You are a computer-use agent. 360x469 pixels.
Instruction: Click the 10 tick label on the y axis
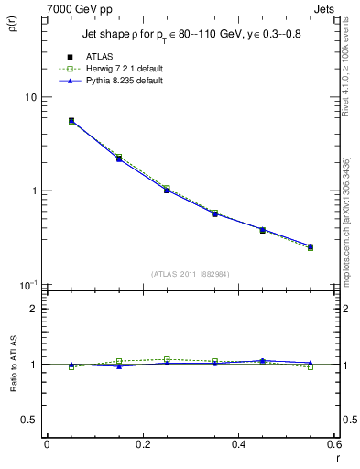[30, 97]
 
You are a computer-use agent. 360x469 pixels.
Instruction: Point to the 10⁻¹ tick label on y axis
[28, 285]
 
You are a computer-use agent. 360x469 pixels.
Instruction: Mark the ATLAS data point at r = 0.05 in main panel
[71, 121]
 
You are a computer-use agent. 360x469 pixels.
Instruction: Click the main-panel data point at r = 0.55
[311, 246]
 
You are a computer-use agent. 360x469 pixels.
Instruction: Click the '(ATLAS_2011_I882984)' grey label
[190, 274]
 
